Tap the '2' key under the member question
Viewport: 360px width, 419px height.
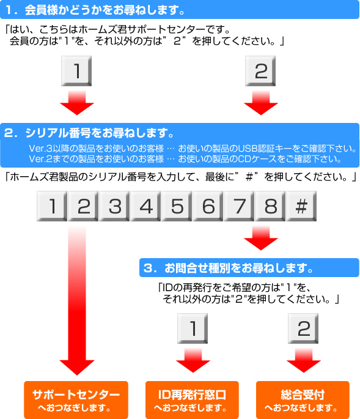(x=260, y=71)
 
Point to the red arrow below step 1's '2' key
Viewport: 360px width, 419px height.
(x=261, y=103)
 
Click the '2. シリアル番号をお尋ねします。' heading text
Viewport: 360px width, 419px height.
(x=90, y=133)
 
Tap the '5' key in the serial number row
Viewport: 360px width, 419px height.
(x=177, y=206)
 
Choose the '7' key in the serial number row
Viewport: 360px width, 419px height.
(x=239, y=206)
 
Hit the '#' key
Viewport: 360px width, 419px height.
(x=301, y=206)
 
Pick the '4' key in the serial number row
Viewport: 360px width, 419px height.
(x=145, y=206)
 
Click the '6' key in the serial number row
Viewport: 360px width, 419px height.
(x=208, y=206)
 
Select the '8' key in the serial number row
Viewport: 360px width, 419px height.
(x=270, y=206)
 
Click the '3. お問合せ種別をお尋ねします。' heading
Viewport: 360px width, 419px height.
(x=249, y=268)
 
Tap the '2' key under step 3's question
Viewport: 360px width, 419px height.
(x=303, y=328)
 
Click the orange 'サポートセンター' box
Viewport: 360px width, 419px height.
(x=76, y=400)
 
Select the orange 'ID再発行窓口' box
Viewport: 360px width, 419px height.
(x=192, y=400)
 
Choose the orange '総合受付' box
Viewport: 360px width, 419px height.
(x=303, y=400)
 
